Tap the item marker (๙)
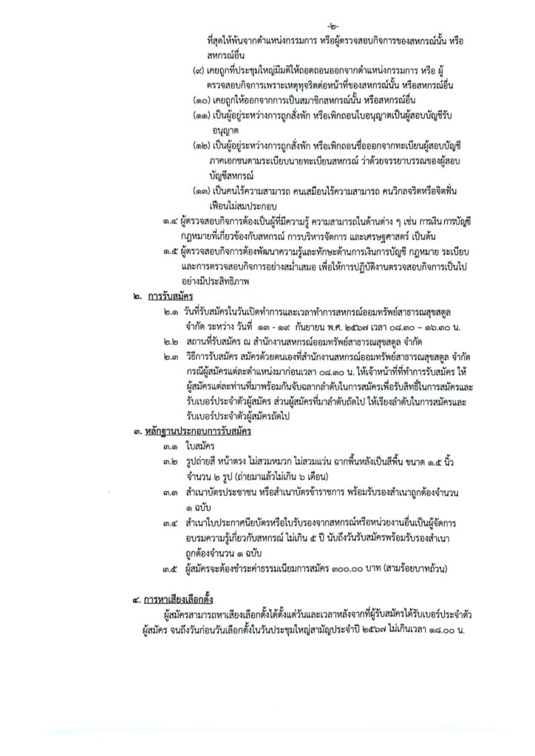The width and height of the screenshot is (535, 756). tap(198, 73)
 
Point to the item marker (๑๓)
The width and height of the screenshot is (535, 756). tap(201, 191)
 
